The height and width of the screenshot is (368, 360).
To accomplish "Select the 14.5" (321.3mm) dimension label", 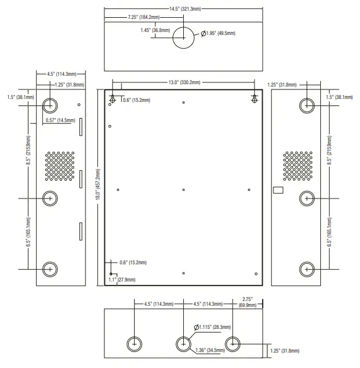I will click(x=185, y=9).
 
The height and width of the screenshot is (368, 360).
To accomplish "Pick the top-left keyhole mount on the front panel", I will click(x=112, y=100).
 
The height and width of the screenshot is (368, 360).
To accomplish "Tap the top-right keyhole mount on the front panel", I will click(x=254, y=100).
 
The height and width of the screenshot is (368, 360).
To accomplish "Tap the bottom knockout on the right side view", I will click(x=307, y=268).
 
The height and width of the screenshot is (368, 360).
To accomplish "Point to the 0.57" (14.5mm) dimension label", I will click(x=60, y=120).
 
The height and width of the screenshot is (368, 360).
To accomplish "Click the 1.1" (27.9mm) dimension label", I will click(x=122, y=279).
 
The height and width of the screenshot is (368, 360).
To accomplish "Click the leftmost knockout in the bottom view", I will click(x=135, y=344).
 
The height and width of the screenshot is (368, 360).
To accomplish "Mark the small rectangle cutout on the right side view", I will click(x=277, y=190).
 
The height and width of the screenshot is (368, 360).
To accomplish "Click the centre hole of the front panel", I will click(x=184, y=190).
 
